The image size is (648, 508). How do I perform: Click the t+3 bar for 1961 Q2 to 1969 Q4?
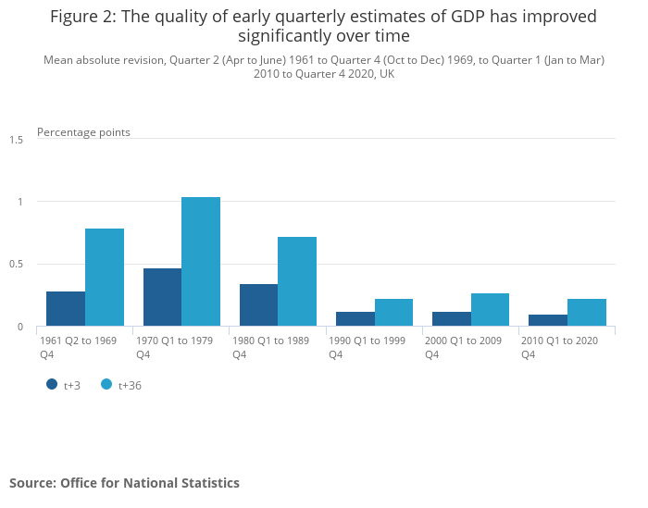coord(66,309)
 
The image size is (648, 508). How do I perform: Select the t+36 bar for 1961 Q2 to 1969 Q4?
coord(105,278)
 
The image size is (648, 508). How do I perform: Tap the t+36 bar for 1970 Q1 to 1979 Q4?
coord(201,262)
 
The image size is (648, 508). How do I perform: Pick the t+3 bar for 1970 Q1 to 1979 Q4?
coord(162,298)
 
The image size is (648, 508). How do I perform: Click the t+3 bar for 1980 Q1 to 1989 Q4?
coord(258,305)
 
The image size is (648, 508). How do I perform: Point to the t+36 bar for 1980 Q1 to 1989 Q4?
coord(297,282)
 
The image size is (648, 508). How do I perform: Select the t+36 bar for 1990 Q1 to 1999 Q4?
coord(393,313)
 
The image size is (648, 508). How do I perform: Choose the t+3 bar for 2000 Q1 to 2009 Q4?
coord(452,319)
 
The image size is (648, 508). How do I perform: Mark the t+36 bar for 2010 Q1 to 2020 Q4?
coord(587,313)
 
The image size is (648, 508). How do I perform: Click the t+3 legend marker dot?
coord(52,384)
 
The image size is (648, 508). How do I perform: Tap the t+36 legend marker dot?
coord(106,384)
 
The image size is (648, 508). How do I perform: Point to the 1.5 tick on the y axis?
coord(17,140)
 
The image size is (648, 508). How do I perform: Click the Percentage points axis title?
coord(83,132)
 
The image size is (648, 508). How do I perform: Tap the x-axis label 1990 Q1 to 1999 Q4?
coord(367,347)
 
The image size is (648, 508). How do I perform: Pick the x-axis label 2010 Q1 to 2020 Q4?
coord(559,347)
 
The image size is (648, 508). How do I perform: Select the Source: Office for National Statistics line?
coord(124,483)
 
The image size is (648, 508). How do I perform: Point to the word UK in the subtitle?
coord(386,74)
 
